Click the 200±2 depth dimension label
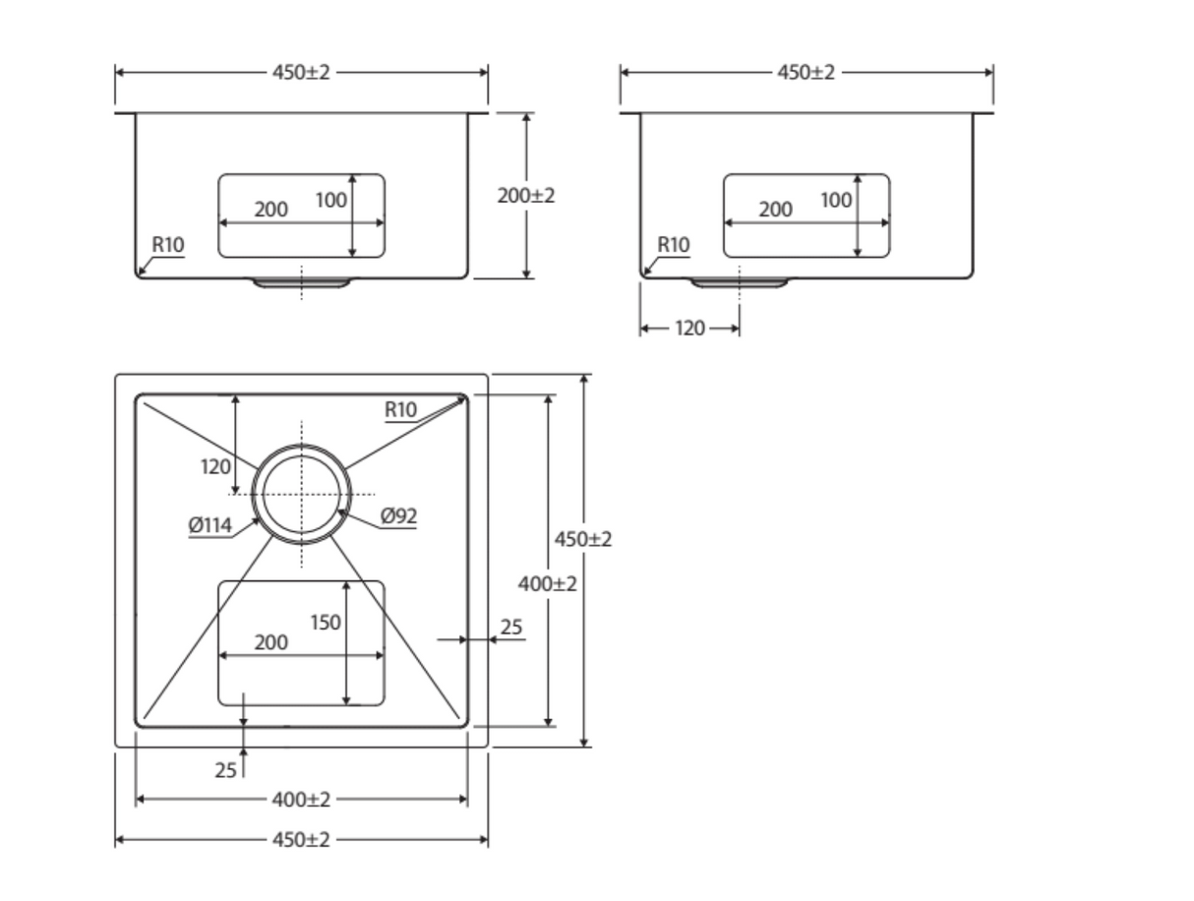point(525,195)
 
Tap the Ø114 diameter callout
point(209,524)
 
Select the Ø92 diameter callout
point(398,515)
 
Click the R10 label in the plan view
point(401,409)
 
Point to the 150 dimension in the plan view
point(326,622)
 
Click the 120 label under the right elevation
point(689,328)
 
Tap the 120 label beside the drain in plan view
point(215,466)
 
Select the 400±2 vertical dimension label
point(547,583)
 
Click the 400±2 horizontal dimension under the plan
point(301,799)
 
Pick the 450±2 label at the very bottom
point(301,839)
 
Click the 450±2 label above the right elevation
point(806,72)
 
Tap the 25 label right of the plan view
point(511,627)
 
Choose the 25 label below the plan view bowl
point(225,769)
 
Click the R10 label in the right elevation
point(674,244)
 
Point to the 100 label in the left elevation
point(330,200)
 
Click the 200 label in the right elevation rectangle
point(775,209)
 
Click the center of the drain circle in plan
point(301,494)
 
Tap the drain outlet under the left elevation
point(301,282)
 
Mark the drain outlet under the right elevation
point(740,282)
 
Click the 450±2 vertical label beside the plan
point(582,539)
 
